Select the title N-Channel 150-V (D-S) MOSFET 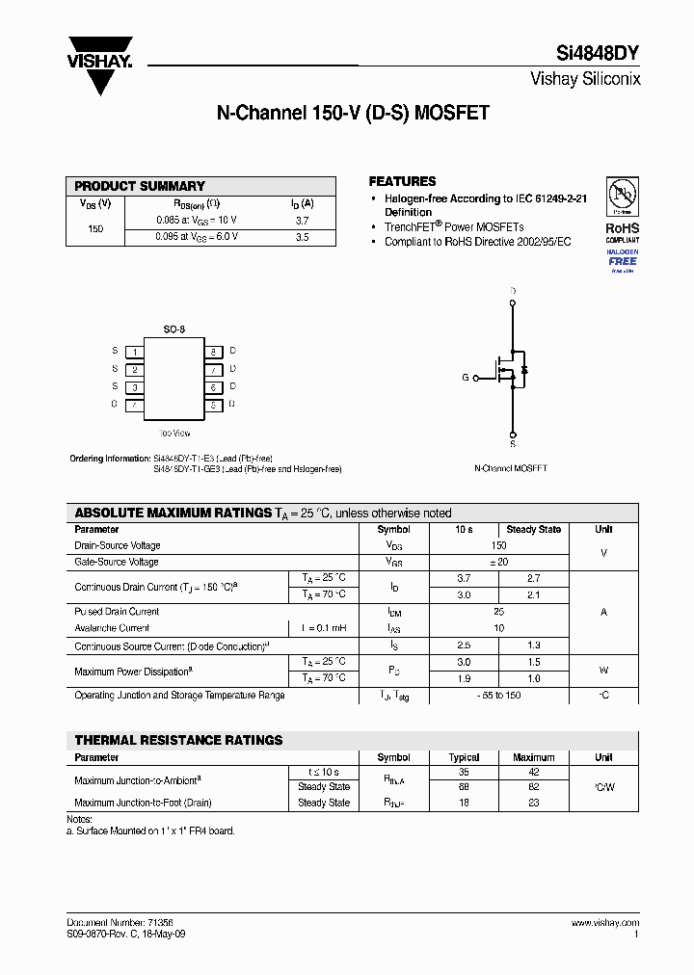[x=352, y=113]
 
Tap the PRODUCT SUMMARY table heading [x=140, y=186]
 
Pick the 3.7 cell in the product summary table [x=302, y=221]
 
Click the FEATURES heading [x=402, y=181]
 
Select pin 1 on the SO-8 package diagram [x=136, y=352]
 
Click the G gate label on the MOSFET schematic [x=465, y=378]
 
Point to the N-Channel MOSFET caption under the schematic [x=510, y=468]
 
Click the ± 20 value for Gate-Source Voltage [x=498, y=562]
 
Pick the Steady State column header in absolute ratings [x=533, y=530]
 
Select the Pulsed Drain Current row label [x=117, y=612]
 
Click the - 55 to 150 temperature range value [x=498, y=695]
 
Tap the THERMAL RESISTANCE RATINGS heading [x=178, y=740]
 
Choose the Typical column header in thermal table [x=464, y=757]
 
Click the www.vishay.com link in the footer [x=604, y=923]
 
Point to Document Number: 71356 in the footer [x=115, y=923]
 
